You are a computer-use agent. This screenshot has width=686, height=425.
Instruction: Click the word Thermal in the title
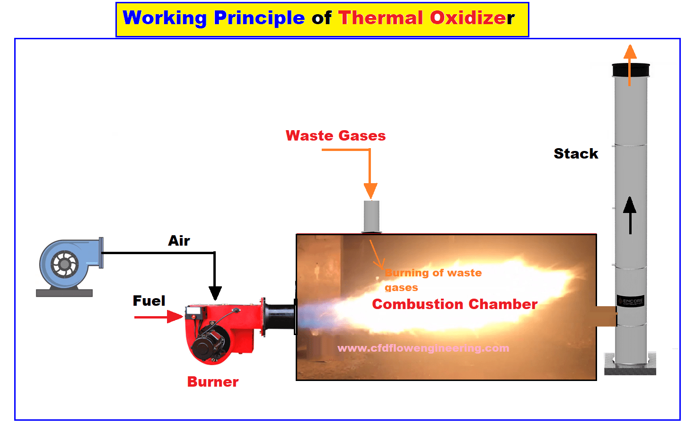point(380,18)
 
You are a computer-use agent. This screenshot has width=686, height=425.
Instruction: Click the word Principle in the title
point(259,18)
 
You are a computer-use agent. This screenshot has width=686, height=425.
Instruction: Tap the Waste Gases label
point(335,135)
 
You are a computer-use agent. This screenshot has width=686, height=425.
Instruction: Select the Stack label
point(576,153)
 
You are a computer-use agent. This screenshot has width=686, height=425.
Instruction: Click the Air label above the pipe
point(179,240)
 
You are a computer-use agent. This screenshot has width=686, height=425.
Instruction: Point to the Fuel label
point(149,301)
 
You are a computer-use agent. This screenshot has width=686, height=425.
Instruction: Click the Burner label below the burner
point(213,382)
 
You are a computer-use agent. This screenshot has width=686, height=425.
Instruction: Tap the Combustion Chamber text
point(455,304)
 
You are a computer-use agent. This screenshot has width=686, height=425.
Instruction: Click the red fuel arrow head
point(175,317)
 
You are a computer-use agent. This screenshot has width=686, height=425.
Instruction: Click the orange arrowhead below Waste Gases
point(370,191)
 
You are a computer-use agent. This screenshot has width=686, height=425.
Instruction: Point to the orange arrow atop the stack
point(630,65)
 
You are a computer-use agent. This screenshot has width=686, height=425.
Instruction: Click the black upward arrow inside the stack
point(630,215)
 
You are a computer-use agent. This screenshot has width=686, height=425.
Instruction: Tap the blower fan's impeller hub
point(65,264)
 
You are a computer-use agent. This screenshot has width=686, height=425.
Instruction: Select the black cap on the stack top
point(631,70)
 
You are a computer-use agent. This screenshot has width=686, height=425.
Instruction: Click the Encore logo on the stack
point(630,301)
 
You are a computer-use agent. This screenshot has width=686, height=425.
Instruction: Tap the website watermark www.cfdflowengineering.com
point(423,348)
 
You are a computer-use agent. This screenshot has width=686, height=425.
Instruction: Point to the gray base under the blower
point(64,293)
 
